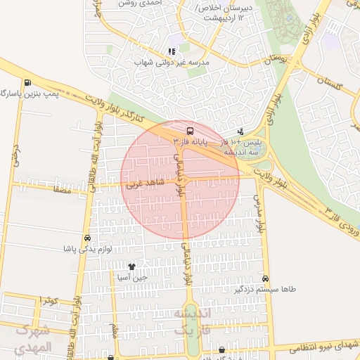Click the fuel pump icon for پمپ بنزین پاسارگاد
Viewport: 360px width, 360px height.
pos(27,82)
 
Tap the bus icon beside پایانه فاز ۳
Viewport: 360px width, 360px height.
pos(190,131)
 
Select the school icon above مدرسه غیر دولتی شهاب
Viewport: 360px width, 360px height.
pos(172,51)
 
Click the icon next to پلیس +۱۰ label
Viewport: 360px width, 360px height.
pos(240,131)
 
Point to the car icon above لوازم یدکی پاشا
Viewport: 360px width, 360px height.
pos(86,238)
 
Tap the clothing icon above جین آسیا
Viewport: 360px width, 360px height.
pos(131,266)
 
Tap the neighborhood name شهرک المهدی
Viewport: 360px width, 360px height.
pos(33,338)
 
